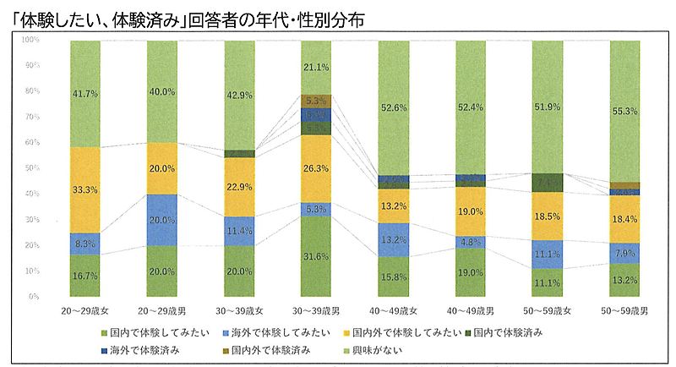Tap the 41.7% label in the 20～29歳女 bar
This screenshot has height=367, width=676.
84,93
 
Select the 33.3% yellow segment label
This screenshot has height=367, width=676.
84,189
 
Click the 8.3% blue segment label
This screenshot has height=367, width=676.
84,244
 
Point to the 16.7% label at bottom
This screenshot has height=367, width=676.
84,276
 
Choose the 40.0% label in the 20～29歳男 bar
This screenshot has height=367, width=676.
161,92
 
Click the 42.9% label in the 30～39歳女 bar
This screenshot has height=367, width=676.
239,95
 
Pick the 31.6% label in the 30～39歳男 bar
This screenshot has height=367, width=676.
316,258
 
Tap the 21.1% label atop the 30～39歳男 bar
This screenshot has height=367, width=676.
316,67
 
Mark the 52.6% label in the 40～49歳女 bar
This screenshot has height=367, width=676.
393,107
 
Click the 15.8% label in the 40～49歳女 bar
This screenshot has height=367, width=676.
393,277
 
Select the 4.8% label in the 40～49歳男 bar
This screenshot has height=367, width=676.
471,241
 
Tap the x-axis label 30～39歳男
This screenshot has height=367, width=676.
316,312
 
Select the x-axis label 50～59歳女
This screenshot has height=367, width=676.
548,312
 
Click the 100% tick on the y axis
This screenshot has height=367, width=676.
30,40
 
